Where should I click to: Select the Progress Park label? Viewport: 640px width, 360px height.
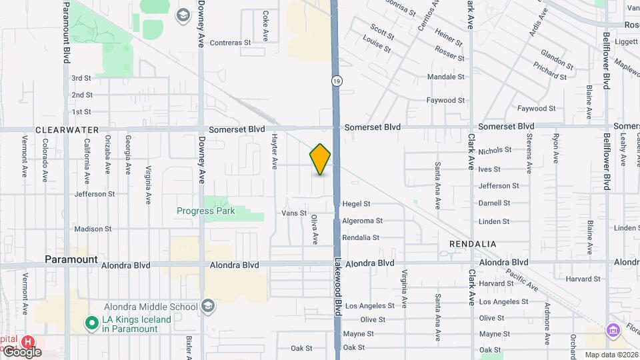pos(206,211)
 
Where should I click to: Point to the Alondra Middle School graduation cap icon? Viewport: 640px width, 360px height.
pos(208,307)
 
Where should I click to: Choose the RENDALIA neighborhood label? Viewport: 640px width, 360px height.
pos(473,245)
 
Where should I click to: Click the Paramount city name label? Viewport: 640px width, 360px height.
pos(71,259)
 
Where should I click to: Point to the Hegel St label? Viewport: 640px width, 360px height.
pos(356,204)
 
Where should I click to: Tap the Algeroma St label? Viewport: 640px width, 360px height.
pos(362,221)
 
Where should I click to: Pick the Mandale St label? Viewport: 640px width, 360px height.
pos(445,77)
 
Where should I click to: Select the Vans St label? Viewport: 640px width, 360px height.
pos(293,213)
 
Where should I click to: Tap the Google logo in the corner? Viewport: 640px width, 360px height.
pos(21,352)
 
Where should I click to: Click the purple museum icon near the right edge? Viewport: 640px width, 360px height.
pos(613,330)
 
